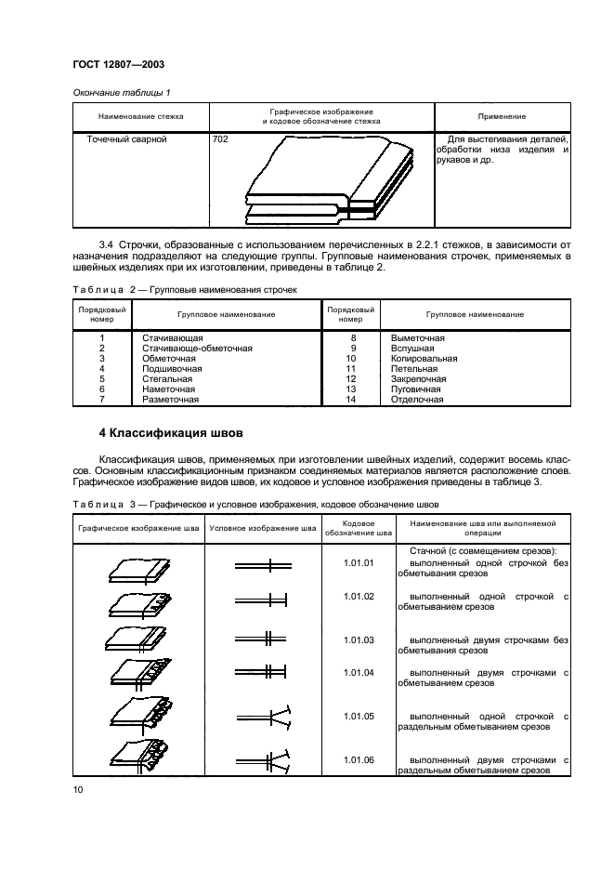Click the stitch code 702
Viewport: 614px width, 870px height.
220,139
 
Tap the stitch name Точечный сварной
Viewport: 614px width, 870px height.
126,139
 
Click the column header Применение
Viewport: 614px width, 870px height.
502,116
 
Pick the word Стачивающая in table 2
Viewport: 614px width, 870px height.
173,337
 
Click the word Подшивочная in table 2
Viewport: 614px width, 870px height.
172,368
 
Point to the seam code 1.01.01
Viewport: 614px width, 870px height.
358,563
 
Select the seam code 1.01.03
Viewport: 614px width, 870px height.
358,639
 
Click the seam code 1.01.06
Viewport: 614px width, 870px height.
358,759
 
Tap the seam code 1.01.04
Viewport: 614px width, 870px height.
358,671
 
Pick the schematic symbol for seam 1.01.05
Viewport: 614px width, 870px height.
263,717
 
